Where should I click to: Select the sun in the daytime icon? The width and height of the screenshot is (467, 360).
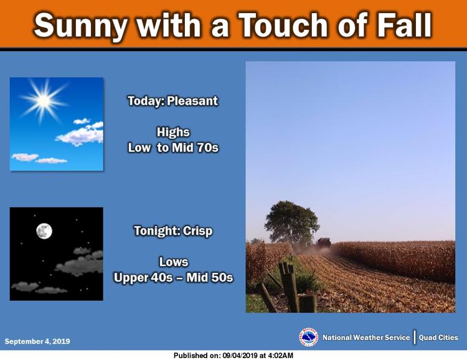[44, 100]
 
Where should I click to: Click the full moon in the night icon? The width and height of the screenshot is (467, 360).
[44, 231]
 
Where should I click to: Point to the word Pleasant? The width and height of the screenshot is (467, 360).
[192, 101]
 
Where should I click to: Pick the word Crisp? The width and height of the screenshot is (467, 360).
[198, 231]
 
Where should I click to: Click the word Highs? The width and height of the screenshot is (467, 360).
[173, 132]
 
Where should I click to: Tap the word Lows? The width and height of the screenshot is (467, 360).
[174, 262]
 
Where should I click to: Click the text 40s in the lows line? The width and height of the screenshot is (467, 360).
[161, 277]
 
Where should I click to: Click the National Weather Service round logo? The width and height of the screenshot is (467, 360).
[308, 337]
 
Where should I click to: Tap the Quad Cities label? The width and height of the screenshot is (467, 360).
[438, 338]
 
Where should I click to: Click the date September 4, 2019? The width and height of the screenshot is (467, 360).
[37, 341]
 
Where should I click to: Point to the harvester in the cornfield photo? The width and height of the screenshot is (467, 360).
[323, 242]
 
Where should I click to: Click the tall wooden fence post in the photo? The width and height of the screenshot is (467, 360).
[290, 287]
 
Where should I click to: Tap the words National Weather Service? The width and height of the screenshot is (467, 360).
[366, 338]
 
